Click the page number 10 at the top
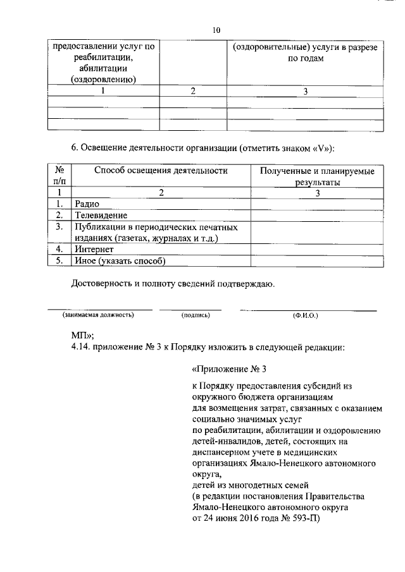[x=216, y=29]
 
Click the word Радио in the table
[x=87, y=204]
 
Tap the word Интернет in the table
[x=94, y=249]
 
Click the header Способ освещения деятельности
[x=161, y=171]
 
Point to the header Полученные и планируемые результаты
[x=317, y=177]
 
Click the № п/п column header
[x=59, y=176]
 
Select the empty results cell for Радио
[x=317, y=204]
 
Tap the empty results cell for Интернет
[x=317, y=249]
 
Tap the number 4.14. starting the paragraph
[x=82, y=347]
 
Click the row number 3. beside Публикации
[x=59, y=226]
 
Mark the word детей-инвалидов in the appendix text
[x=222, y=442]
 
